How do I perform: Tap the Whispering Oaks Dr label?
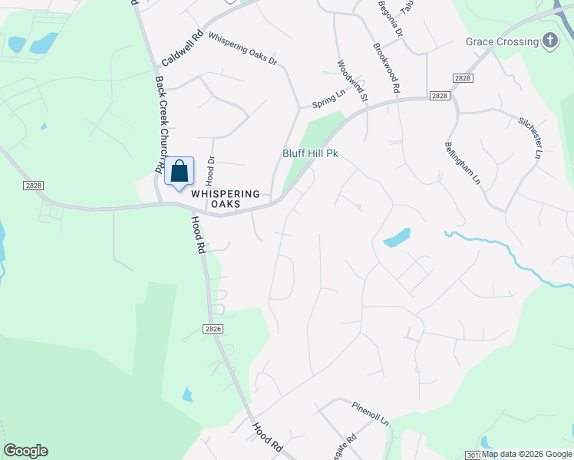pos(242,48)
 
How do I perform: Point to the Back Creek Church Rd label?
pos(160,123)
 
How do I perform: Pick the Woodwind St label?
pos(353,82)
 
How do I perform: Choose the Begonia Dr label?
pos(389,19)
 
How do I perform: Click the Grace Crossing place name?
pos(500,41)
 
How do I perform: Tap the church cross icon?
pos(549,41)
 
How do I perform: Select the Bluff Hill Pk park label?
pos(310,153)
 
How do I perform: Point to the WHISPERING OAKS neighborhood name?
pos(226,199)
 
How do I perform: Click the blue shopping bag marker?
pos(179,171)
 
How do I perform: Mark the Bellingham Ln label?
pos(462,163)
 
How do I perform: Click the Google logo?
pos(25,451)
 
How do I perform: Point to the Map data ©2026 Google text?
pos(527,454)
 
